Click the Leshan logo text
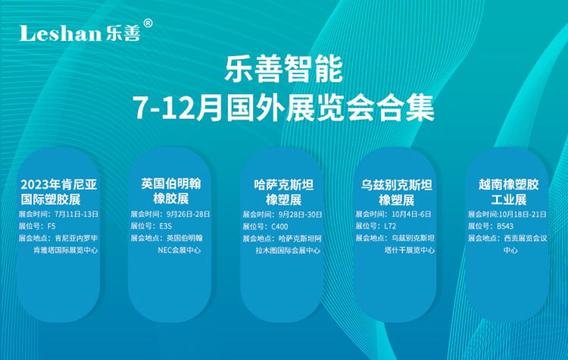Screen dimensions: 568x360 point(60,33)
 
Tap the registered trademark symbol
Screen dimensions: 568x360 point(148,23)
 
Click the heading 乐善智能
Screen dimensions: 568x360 point(284,69)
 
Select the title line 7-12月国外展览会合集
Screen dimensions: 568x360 point(284,108)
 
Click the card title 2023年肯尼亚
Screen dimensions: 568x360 point(58,184)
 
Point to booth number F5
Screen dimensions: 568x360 point(51,226)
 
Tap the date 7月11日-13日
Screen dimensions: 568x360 point(76,214)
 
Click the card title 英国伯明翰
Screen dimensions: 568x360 point(171,184)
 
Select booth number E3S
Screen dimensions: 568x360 point(166,226)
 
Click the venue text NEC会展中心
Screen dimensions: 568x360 point(179,250)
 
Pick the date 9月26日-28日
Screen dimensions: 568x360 point(188,214)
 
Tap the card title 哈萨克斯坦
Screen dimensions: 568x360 point(284,185)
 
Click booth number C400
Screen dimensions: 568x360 point(279,227)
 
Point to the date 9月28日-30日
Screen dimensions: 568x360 point(301,214)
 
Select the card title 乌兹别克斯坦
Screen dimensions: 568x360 point(397,185)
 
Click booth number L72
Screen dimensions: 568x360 point(390,226)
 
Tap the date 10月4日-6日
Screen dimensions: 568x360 point(411,214)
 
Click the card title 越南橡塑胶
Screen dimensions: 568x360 point(509,184)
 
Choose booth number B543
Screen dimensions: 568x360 point(505,226)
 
